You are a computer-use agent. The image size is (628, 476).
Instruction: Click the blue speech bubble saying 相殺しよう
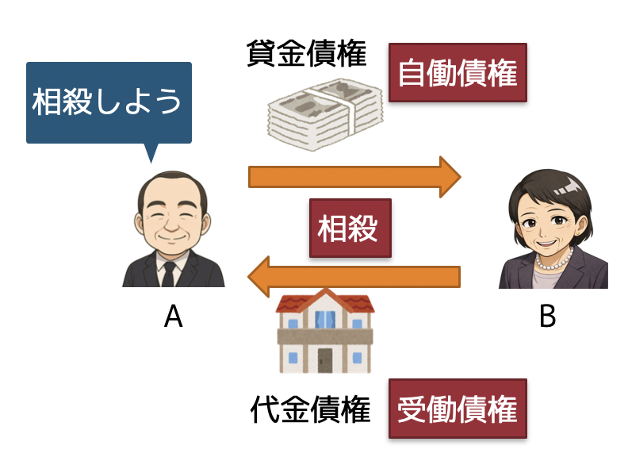coord(109,102)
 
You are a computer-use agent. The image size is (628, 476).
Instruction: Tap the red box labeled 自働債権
coord(458,72)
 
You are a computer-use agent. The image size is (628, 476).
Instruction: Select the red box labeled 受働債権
coord(458,409)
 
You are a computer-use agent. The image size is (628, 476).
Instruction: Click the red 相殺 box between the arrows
coord(350,228)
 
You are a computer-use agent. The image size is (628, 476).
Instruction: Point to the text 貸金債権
coord(307,53)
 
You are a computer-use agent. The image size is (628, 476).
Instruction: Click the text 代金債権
coord(310,409)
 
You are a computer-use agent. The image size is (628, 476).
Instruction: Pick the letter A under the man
coord(174,316)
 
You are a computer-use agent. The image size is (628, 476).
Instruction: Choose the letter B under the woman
coord(547,316)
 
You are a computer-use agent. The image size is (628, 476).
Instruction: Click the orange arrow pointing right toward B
coord(354,177)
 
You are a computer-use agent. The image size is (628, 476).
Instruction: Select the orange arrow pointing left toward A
coord(354,277)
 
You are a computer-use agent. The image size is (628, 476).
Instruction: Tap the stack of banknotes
coord(325,114)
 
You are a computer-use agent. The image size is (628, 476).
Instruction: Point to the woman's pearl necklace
coord(555,261)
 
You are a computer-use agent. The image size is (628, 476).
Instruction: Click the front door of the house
coord(325,360)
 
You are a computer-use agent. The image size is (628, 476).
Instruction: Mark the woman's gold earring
coord(578,233)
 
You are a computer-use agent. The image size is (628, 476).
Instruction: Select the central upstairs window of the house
coord(325,320)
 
